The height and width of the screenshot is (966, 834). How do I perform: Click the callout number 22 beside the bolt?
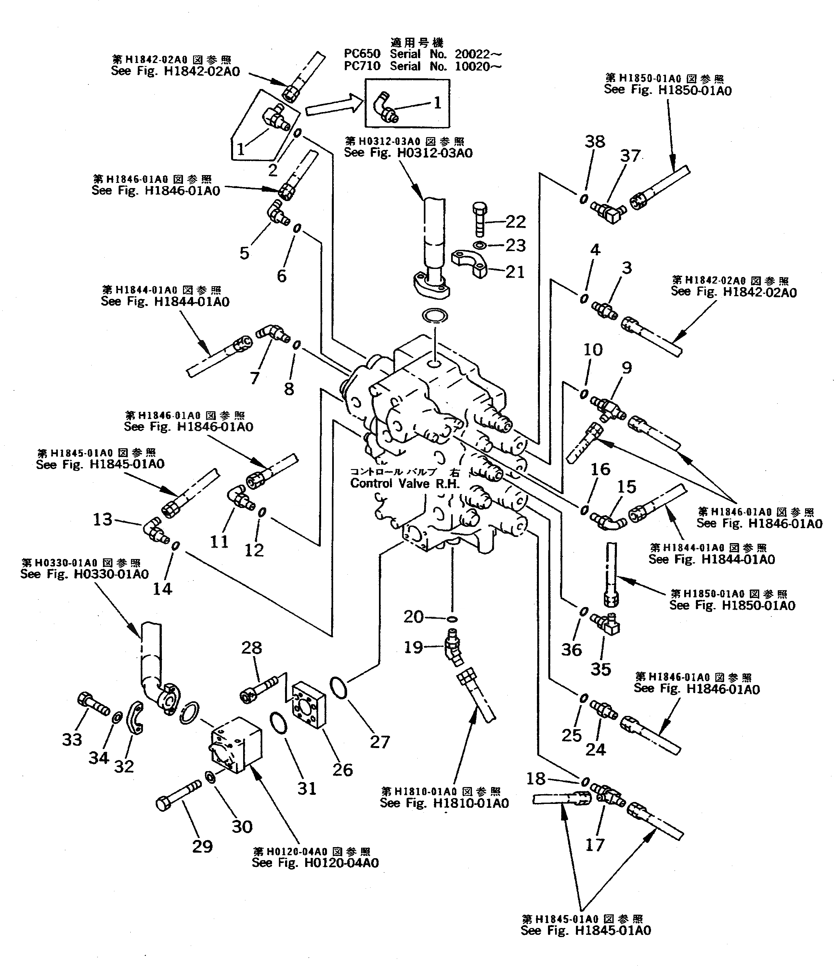(515, 222)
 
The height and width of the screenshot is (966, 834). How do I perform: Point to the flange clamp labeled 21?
(469, 264)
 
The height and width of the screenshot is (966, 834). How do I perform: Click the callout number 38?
(595, 141)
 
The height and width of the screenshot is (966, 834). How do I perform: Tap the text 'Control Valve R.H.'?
(404, 483)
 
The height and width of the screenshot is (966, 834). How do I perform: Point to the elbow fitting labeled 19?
(452, 648)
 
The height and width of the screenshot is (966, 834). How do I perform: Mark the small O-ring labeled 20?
(451, 619)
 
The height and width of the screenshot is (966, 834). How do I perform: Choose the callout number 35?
(600, 669)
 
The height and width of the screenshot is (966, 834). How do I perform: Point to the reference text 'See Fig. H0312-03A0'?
(408, 153)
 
